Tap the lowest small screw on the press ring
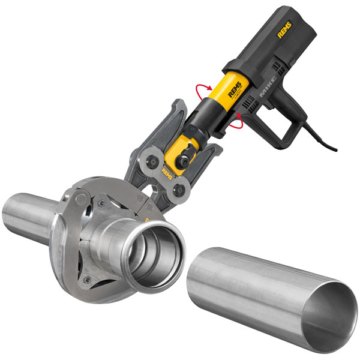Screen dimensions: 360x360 click(x=88, y=279)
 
